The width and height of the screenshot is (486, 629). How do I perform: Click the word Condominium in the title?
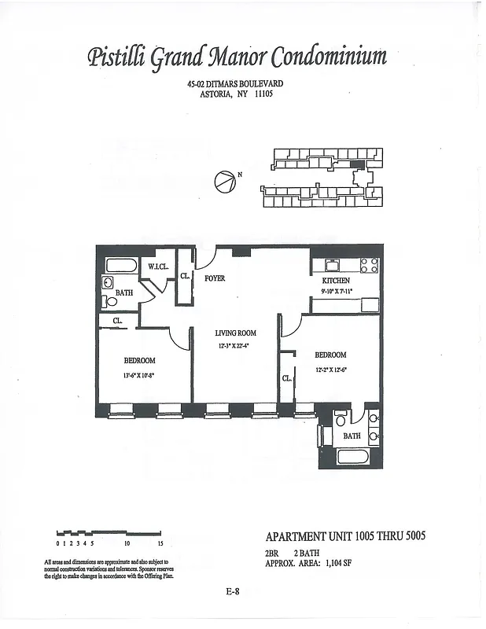tap(329, 57)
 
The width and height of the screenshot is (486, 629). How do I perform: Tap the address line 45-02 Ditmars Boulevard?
tap(234, 84)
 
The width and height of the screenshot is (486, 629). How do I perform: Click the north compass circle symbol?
tap(224, 182)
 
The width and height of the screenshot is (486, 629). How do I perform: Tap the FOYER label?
tap(215, 278)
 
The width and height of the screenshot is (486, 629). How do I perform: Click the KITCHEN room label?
tap(336, 281)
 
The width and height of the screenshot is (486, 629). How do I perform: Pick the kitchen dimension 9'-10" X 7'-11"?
tap(337, 292)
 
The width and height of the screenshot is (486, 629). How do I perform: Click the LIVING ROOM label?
tap(235, 333)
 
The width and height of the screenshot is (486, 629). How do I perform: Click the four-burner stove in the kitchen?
tap(369, 265)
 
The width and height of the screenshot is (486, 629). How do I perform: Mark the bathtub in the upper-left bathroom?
tap(121, 265)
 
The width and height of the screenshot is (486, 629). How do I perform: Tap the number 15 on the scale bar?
tap(160, 543)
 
